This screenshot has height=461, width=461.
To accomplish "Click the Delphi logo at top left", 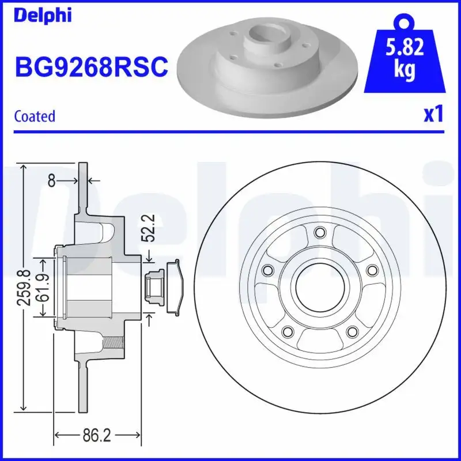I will tap(43, 15).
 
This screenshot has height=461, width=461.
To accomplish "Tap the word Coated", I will tap(35, 116).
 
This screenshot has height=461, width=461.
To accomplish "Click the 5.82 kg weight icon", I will tap(405, 55).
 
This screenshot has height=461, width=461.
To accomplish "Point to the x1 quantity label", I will tap(433, 114).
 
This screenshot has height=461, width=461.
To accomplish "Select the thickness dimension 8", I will tap(51, 182).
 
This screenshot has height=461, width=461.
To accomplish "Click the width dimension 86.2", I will tap(96, 436).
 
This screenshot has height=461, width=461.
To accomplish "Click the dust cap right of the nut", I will tap(176, 287).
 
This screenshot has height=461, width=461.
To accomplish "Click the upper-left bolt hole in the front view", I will tap(267, 270).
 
